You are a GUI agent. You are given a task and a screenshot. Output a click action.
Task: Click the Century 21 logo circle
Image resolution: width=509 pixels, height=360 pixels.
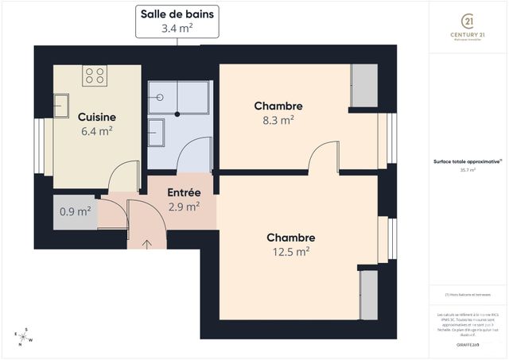click(x=468, y=21)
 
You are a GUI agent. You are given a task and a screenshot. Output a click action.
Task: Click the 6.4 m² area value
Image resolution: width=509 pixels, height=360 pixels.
click(x=97, y=131)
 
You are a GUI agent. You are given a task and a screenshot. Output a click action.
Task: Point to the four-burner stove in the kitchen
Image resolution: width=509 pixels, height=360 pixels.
click(x=95, y=76)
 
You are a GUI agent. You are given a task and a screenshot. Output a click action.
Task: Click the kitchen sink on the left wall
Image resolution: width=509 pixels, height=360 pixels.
click(x=61, y=105)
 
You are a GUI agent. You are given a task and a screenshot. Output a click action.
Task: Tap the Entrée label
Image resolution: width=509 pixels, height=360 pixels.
click(x=184, y=193)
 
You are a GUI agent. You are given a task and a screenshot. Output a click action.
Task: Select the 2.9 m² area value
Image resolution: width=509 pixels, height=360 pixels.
click(x=184, y=207)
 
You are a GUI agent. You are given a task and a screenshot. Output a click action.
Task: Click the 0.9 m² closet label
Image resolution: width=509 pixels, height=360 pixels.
click(x=76, y=211)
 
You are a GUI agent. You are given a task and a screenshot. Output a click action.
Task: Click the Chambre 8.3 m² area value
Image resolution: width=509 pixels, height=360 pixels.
click(x=278, y=120)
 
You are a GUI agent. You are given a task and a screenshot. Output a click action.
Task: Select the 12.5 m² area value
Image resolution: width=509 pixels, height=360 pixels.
click(x=290, y=251)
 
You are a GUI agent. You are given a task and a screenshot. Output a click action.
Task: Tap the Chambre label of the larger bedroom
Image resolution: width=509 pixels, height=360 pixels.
click(x=290, y=238)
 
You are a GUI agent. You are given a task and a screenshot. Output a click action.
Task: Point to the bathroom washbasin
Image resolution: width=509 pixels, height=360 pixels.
click(x=157, y=132)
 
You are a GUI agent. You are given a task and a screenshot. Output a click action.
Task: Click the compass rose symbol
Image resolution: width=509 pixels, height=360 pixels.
click(x=25, y=337)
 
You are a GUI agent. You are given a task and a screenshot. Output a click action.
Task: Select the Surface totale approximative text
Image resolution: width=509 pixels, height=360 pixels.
click(x=468, y=161)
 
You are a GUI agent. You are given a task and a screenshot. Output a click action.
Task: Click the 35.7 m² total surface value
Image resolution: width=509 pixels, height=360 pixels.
click(x=467, y=170)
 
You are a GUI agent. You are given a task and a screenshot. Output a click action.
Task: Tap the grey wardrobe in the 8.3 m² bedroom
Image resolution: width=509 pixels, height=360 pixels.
click(x=364, y=86)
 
